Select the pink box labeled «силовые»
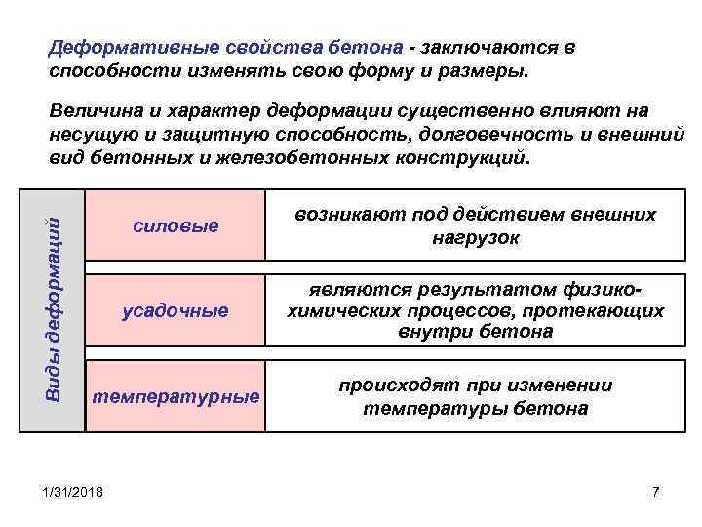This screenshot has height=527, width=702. pyautogui.click(x=175, y=225)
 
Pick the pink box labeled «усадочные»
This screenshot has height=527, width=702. pyautogui.click(x=175, y=310)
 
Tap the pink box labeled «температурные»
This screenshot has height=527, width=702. pyautogui.click(x=175, y=396)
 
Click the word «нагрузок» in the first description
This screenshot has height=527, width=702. pyautogui.click(x=475, y=237)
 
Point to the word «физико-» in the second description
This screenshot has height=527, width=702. pyautogui.click(x=604, y=290)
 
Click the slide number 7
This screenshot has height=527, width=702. pyautogui.click(x=655, y=490)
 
